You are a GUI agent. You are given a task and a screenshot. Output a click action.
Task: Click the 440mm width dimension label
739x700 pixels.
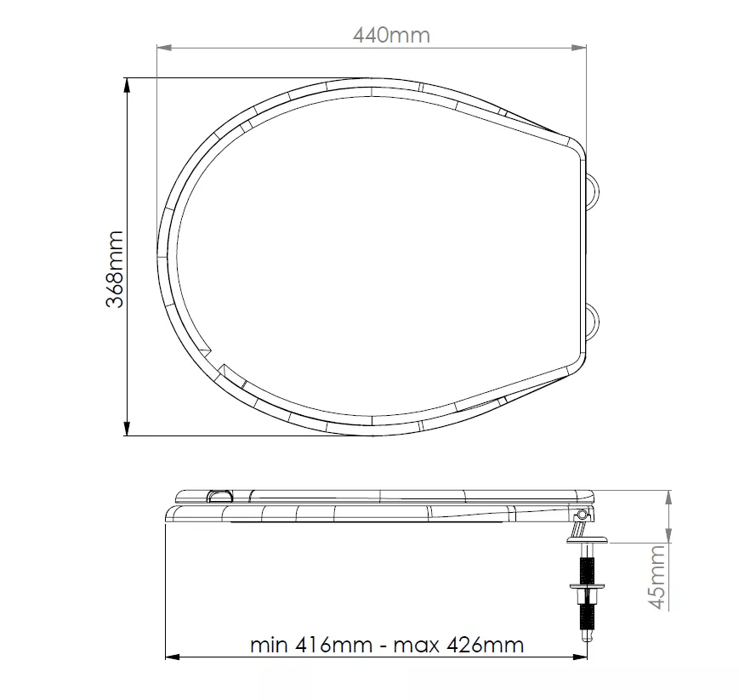(x=391, y=36)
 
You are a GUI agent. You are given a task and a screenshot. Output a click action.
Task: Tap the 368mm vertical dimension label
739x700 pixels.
(x=115, y=269)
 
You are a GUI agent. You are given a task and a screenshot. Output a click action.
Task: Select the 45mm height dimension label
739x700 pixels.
(x=657, y=577)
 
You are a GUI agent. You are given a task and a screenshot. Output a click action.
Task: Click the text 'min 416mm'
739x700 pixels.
(x=311, y=645)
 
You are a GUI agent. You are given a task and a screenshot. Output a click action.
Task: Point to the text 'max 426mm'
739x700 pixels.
(x=458, y=645)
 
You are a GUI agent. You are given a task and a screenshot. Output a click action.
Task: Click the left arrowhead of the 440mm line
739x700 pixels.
(x=163, y=48)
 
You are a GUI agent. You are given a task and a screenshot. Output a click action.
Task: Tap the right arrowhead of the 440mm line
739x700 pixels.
(x=579, y=48)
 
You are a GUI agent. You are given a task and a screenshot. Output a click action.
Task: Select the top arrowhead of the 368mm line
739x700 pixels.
(x=127, y=85)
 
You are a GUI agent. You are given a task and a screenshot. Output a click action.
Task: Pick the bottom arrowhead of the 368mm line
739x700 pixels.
(x=127, y=429)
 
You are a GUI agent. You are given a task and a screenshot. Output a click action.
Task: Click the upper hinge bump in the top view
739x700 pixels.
(x=594, y=191)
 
